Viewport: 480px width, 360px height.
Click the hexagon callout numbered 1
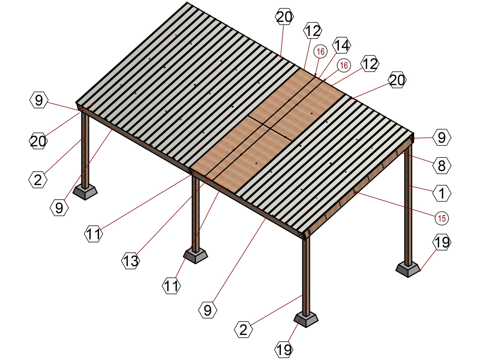tap(441, 193)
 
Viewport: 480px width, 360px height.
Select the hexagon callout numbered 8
tap(441, 166)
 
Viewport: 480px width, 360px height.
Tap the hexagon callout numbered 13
tap(131, 260)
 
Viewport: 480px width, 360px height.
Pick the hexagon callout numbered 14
tap(341, 45)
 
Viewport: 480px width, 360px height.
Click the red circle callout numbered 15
tap(441, 218)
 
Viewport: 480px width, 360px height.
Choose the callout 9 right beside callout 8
tap(441, 137)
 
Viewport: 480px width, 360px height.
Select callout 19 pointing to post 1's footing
tap(441, 242)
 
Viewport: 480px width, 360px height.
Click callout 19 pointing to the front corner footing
tap(284, 349)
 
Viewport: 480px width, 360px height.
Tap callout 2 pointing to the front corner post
tap(243, 329)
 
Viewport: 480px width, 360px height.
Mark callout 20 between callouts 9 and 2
tap(38, 141)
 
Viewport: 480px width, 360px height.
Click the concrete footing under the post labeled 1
tap(408, 271)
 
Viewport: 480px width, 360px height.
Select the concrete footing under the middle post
tap(196, 257)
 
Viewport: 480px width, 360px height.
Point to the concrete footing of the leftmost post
tap(85, 193)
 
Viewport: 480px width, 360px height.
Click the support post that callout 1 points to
tap(408, 206)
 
